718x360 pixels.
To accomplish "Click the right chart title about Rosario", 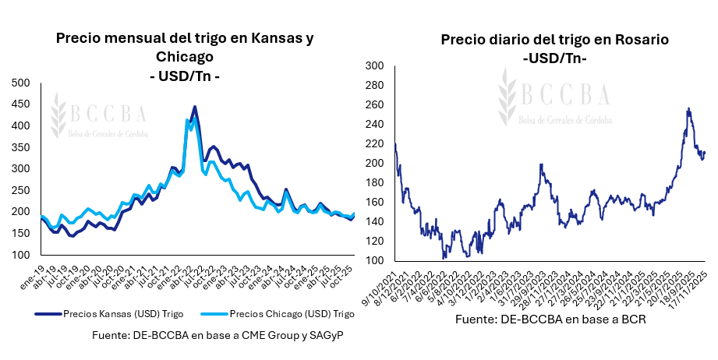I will click(x=554, y=40).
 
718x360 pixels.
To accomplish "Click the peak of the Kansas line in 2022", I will click(x=194, y=107).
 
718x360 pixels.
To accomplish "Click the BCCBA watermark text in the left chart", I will click(x=109, y=114).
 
